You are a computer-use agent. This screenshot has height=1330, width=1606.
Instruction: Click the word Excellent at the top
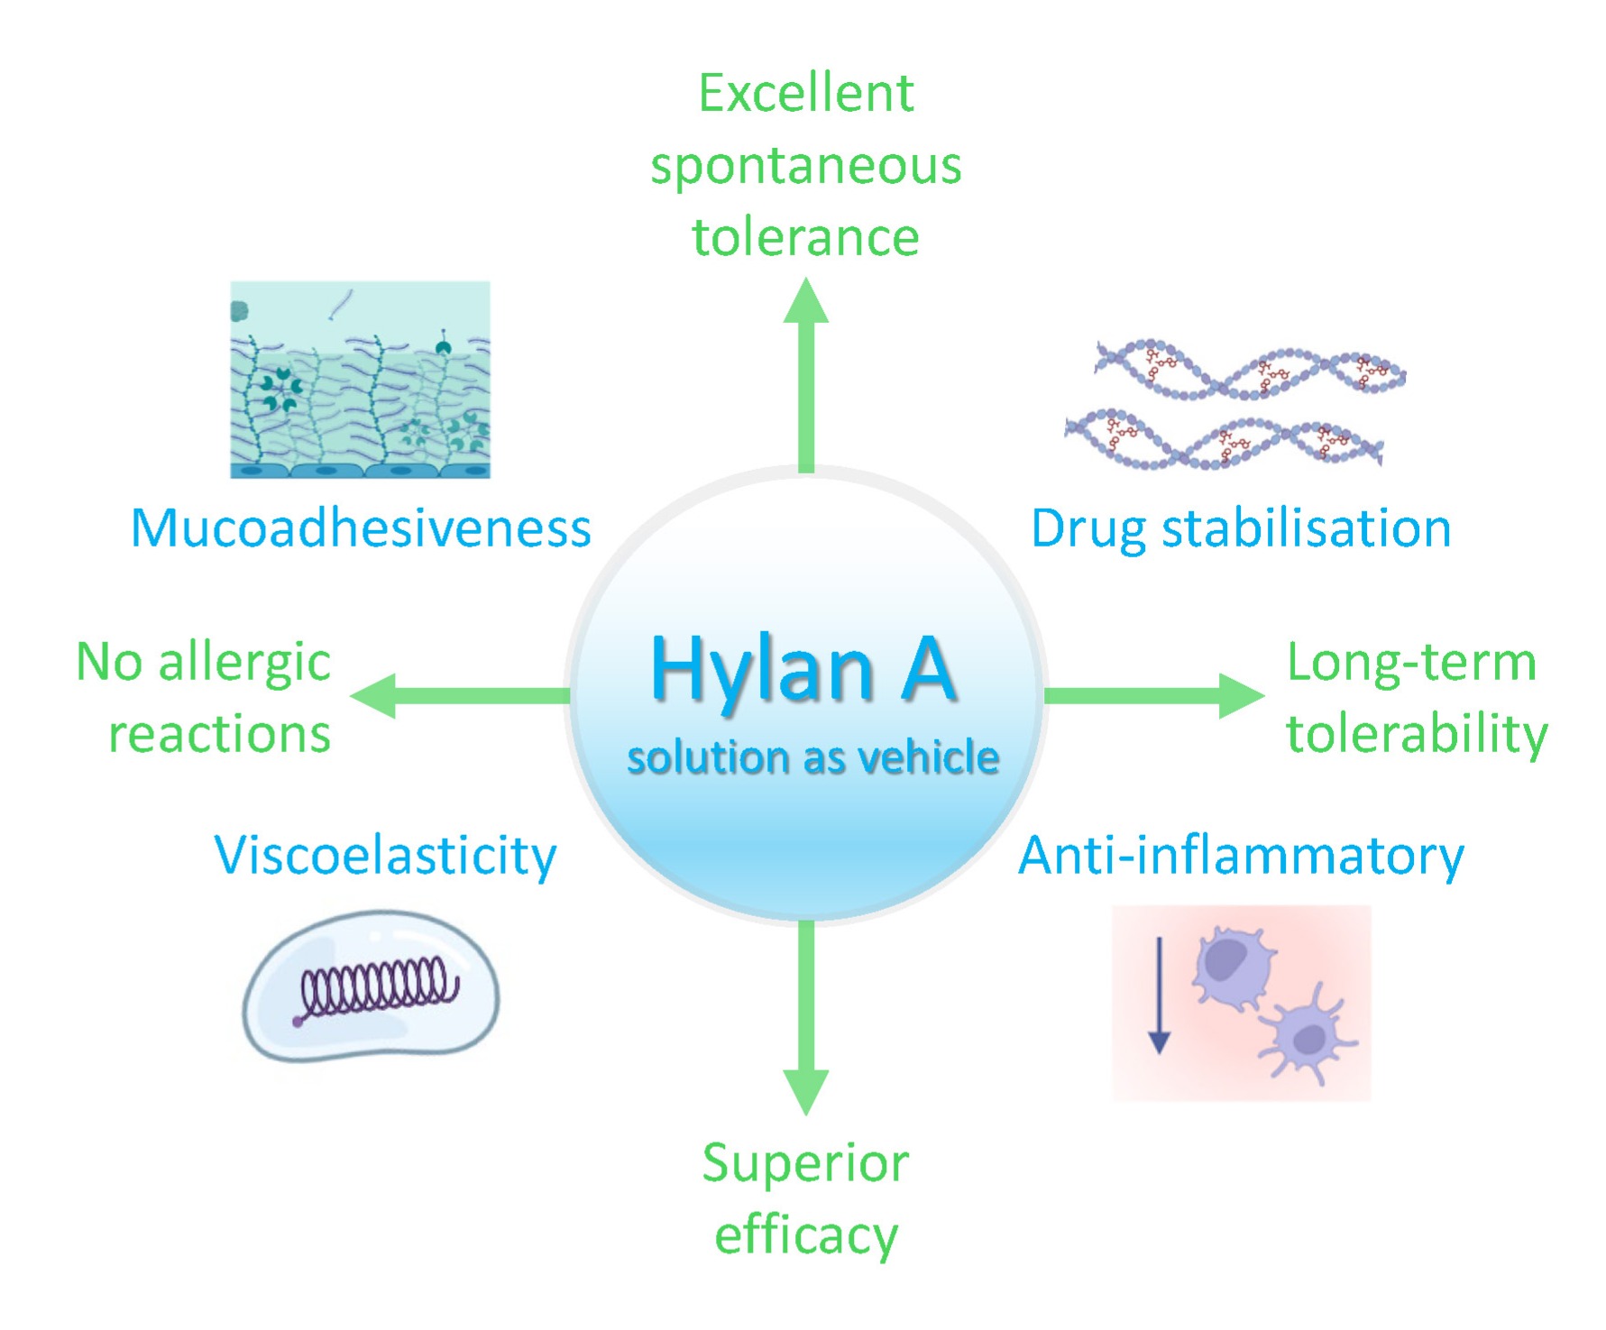805,94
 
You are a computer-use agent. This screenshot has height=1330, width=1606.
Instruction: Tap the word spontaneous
805,167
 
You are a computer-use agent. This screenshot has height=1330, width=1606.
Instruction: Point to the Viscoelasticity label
385,855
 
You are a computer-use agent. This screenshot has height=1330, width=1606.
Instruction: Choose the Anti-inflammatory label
1241,855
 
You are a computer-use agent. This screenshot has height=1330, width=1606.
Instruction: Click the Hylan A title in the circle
803,669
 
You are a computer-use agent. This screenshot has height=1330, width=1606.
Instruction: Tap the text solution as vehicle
812,757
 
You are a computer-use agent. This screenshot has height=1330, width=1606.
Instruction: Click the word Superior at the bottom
805,1163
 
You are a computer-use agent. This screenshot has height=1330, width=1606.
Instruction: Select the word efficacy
805,1235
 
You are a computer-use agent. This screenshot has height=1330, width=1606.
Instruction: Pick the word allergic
244,664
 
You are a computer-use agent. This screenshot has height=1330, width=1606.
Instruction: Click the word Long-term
1411,663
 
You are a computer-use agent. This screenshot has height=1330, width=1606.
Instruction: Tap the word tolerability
1417,734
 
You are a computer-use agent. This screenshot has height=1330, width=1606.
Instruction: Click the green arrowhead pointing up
805,302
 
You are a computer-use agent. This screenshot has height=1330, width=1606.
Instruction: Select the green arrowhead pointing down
805,1091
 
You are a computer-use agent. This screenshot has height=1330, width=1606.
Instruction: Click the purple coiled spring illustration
377,989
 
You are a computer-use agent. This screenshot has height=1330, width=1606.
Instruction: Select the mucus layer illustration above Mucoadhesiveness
360,379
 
